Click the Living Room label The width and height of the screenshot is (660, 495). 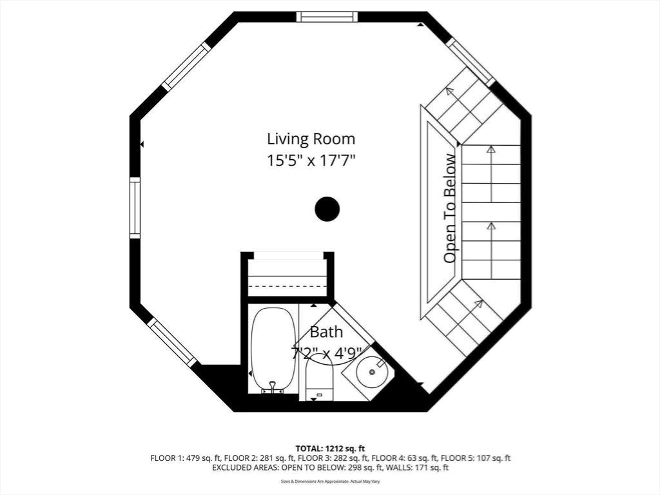coord(311,139)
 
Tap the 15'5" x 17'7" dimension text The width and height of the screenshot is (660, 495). coord(311,160)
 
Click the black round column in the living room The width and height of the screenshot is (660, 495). coord(327,209)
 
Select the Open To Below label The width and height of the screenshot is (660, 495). coord(451,208)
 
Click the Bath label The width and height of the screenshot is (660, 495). coord(326,333)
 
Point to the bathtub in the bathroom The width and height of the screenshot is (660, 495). coord(273,348)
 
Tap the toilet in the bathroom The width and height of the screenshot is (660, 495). coord(319,378)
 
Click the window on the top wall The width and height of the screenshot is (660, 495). coord(327,17)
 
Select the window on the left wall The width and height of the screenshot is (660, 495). coord(135,208)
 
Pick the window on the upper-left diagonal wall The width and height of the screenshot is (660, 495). coord(187,66)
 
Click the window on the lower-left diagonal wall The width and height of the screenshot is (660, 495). coord(172,342)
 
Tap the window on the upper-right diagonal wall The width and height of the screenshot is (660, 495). coord(471,62)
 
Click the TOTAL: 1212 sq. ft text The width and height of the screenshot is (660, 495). coord(330,449)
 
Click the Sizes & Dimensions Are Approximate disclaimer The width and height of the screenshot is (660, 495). coord(330,481)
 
